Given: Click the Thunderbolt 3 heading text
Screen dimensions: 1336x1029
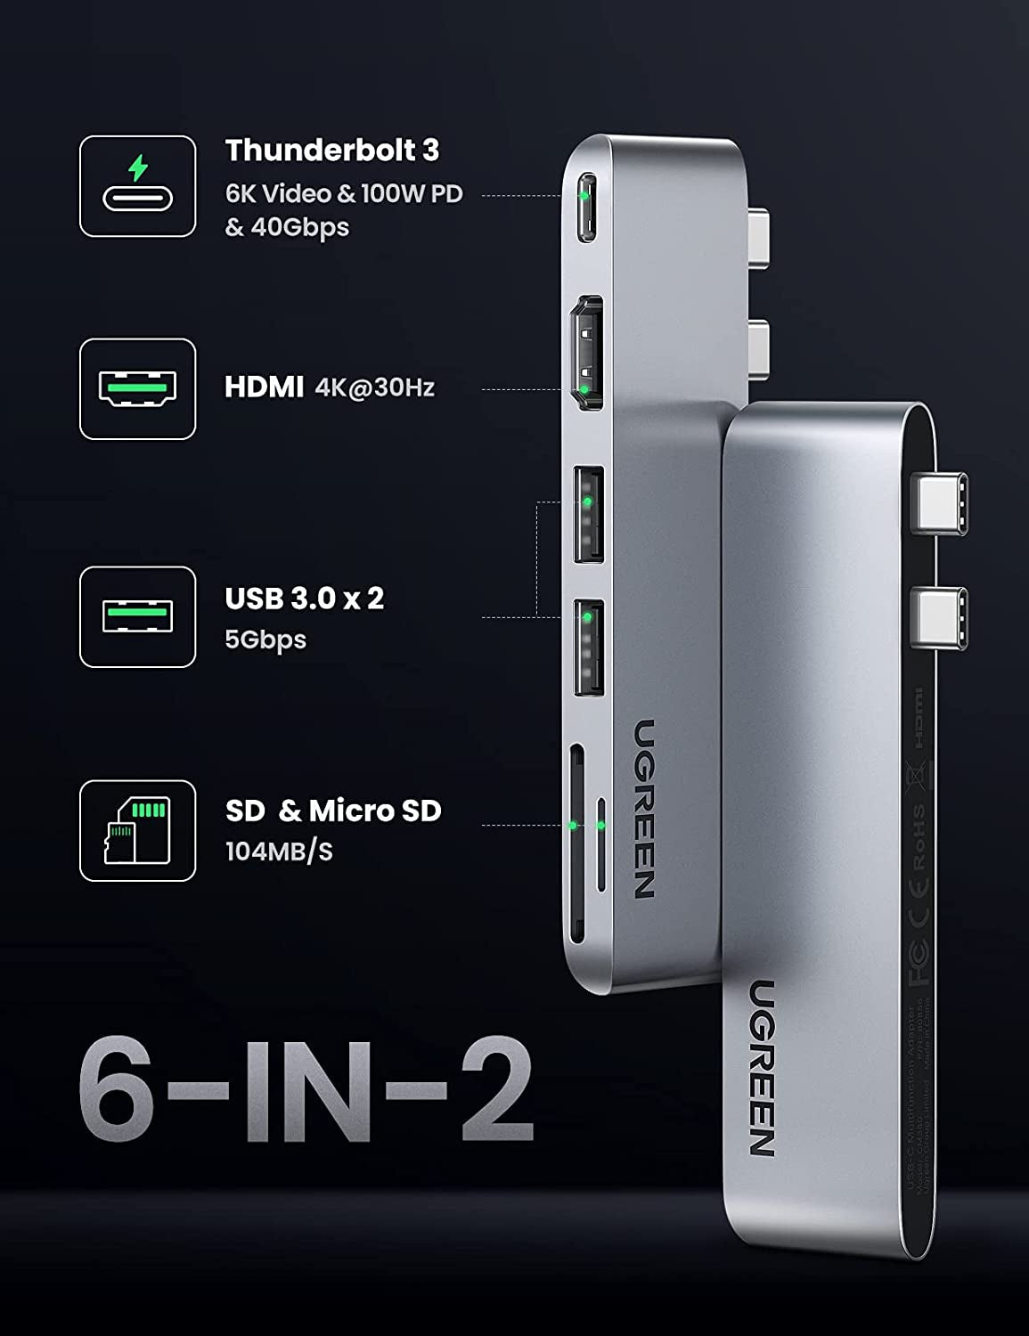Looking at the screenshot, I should (331, 151).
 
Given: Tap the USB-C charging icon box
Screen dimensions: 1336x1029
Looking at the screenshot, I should (137, 186).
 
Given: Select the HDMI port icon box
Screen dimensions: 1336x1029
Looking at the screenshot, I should (137, 388).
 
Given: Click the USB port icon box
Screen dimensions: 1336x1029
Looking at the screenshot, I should (137, 616).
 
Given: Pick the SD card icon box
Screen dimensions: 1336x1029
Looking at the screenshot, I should (137, 831).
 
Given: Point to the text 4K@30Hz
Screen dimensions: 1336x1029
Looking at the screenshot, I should (374, 387).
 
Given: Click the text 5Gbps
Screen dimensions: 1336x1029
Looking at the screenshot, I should (265, 639).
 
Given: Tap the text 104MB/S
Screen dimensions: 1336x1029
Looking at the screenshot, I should (279, 851).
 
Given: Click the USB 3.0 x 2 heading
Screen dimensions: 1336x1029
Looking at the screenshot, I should (304, 598).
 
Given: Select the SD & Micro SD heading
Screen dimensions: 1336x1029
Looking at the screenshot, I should (333, 811).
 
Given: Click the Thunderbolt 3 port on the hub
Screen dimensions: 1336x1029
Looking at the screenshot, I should (585, 208).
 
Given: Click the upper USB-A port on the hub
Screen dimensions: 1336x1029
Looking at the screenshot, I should (588, 514).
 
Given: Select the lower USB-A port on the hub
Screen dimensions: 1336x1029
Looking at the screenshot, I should (588, 648).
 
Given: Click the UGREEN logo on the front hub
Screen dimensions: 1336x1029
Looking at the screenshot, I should (762, 1067).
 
